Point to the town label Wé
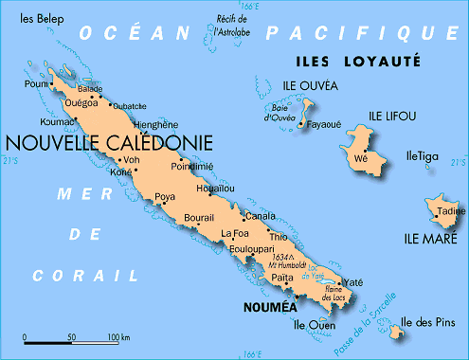click(360, 160)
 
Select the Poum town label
click(37, 83)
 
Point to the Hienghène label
click(156, 124)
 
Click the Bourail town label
click(198, 217)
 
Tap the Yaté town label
click(352, 282)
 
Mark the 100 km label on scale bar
click(118, 337)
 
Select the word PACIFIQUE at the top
click(360, 33)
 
